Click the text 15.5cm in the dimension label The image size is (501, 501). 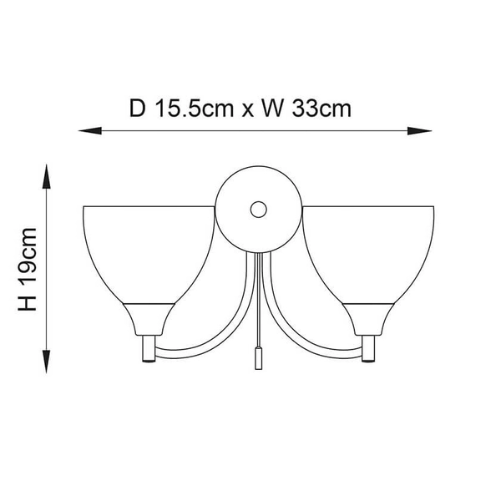click(195, 109)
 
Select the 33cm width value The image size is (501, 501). click(321, 109)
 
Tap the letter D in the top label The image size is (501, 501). click(138, 109)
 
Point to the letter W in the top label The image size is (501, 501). click(272, 109)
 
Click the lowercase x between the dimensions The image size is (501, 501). click(247, 110)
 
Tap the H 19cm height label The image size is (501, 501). click(28, 269)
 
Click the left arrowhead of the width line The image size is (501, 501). click(90, 131)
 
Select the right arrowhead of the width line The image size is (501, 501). click(419, 131)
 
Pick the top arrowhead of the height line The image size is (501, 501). click(47, 176)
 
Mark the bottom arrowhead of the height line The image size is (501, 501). click(47, 362)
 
